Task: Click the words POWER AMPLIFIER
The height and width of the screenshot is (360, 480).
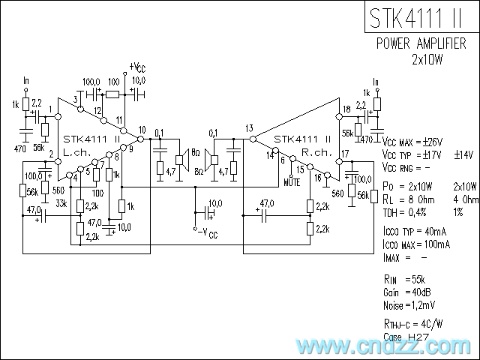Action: coord(424,43)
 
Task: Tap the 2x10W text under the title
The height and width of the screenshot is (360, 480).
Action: coord(429,58)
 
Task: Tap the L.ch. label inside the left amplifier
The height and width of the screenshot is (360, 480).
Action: coord(77,152)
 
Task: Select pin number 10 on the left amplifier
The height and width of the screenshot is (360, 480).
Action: coord(142,130)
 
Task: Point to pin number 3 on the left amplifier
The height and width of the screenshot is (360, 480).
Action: coord(76,99)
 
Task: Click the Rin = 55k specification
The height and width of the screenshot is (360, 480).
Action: coord(403,279)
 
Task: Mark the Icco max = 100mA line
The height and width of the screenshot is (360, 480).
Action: coord(416,244)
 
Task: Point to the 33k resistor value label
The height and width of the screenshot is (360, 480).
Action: coord(61,202)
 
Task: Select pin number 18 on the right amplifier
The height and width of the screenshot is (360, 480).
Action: coord(346,110)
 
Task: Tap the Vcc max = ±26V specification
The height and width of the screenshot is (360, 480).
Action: coord(412,142)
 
